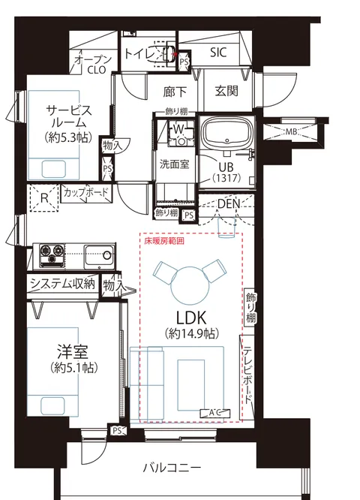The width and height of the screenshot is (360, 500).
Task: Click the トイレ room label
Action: [x=139, y=53]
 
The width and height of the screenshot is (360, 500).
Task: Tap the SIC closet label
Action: [x=218, y=53]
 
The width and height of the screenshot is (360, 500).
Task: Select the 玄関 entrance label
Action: [x=226, y=91]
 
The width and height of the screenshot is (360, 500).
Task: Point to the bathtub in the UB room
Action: [x=226, y=133]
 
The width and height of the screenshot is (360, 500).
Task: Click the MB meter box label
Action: [x=289, y=131]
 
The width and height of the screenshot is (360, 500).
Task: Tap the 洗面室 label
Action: [x=174, y=164]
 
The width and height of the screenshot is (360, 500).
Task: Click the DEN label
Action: [x=229, y=204]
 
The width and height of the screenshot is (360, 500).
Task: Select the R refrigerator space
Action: [x=44, y=198]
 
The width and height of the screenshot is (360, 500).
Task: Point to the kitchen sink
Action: [x=100, y=256]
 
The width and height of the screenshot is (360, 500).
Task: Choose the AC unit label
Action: [x=214, y=413]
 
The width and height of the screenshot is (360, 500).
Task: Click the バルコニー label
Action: [x=172, y=468]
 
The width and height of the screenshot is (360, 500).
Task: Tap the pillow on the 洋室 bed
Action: [x=53, y=405]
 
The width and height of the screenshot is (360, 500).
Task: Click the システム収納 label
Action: [x=63, y=283]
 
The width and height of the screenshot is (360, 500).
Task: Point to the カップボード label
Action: [x=85, y=193]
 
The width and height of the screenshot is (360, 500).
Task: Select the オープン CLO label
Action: [x=93, y=65]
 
